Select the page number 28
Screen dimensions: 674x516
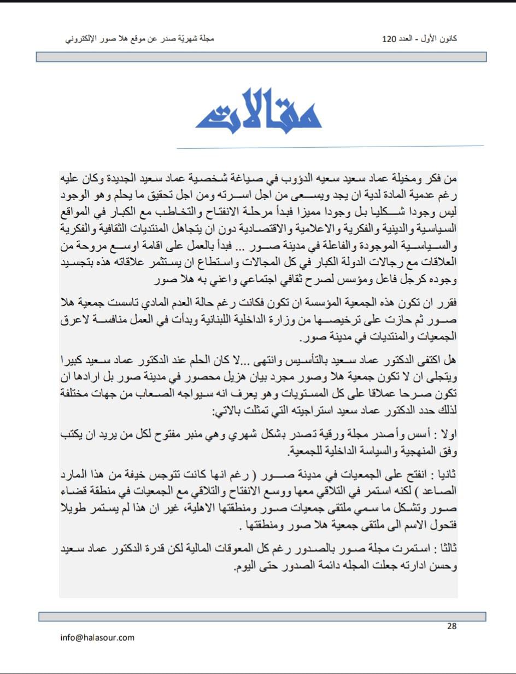(451, 626)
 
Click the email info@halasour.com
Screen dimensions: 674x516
(97, 637)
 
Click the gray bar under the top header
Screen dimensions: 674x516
(261, 57)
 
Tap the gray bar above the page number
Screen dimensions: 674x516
(262, 617)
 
